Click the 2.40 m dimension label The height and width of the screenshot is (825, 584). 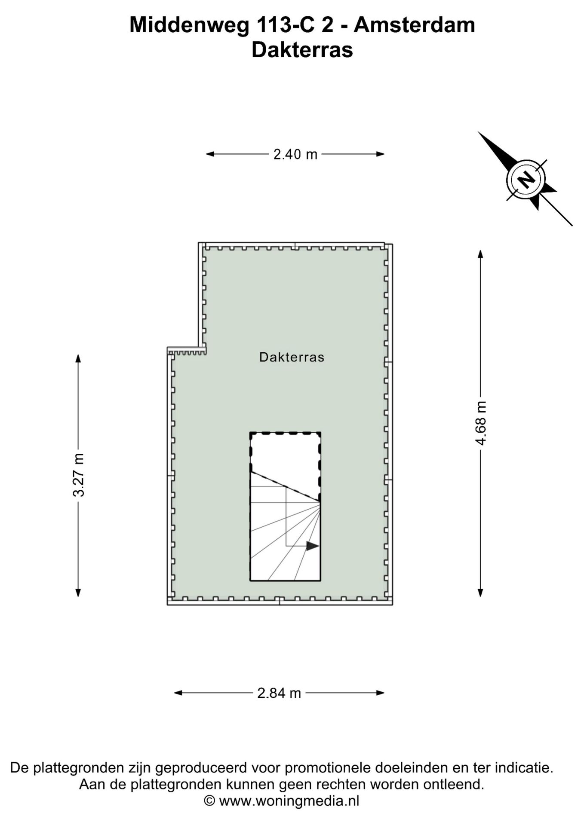pos(295,154)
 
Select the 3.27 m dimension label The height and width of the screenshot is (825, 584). pos(78,475)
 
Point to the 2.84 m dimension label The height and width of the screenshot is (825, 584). pos(279,693)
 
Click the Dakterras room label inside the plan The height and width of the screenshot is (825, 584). pos(292,357)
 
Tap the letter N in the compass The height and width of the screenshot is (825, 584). pos(526,180)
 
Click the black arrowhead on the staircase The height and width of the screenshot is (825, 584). pos(313,546)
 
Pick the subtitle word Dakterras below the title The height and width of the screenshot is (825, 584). pos(302,49)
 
